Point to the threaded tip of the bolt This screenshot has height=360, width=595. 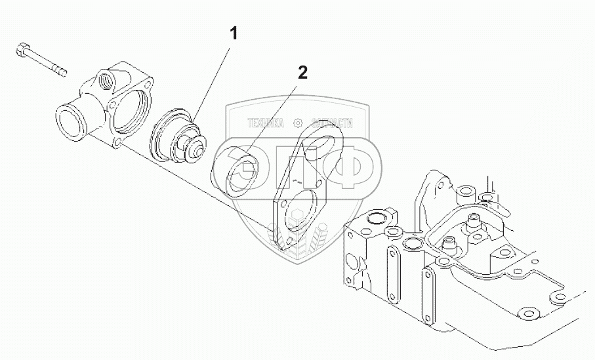click(61, 70)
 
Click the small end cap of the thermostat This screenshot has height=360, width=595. click(195, 153)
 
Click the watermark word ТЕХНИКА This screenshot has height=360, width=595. click(266, 123)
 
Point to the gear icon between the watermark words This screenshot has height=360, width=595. click(298, 123)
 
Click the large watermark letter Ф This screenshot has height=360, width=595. click(350, 166)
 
